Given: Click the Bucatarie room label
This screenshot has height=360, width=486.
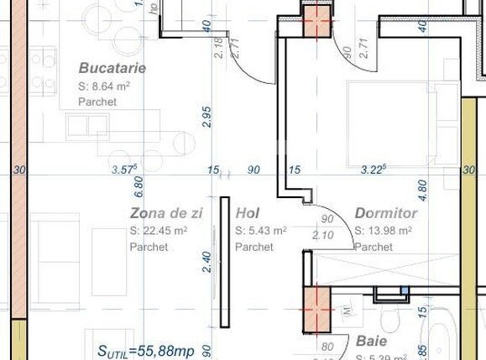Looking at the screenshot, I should (112, 67).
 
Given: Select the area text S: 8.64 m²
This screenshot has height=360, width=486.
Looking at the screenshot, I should (103, 86).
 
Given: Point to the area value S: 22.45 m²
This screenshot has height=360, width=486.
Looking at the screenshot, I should (159, 231).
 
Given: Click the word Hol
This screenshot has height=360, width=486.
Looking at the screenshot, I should (247, 213).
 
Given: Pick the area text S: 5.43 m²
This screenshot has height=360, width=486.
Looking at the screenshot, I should (261, 231).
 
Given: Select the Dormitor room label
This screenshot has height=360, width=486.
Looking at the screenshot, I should (385, 213).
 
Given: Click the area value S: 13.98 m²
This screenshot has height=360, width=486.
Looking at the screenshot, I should (385, 231).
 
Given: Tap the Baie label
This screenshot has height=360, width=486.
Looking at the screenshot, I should (371, 342).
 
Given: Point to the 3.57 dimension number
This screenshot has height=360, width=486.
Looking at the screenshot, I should (124, 170).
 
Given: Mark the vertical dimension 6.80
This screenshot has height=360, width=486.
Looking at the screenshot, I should (139, 185).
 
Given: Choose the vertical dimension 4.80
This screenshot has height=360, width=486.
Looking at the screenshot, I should (422, 186).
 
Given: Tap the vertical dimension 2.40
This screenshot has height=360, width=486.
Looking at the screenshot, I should (207, 262).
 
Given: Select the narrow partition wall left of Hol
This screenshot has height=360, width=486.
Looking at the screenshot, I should (224, 261).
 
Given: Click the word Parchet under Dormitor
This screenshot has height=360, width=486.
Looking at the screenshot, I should (374, 248).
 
